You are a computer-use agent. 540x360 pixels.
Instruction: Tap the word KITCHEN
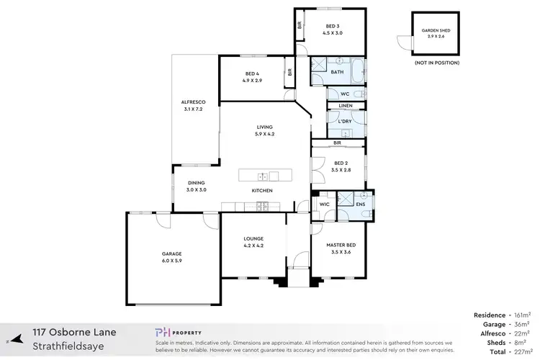[261, 190]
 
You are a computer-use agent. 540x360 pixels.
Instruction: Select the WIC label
[323, 204]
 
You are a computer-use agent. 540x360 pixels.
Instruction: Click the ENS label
[361, 204]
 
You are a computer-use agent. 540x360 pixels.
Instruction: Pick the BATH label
[337, 72]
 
